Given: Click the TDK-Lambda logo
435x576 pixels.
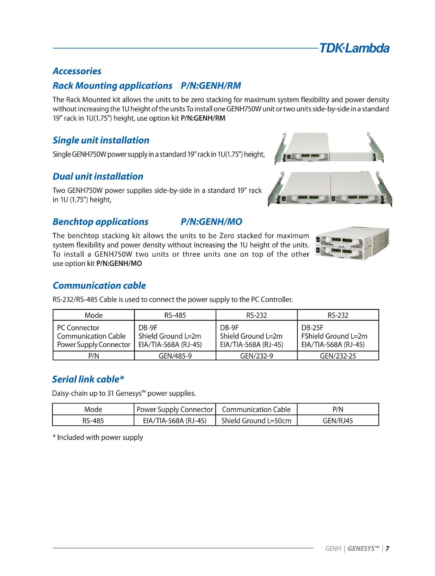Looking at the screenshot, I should coord(354,48).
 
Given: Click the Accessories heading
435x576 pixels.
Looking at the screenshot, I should coord(77,71).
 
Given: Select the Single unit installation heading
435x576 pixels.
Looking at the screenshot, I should coord(101,140).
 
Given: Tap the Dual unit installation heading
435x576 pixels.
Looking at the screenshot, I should coord(98,176).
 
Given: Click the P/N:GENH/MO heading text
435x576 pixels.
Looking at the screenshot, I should coord(211,222).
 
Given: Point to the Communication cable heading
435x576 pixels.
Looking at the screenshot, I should coord(99,285).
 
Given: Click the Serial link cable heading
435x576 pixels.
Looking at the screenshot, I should coord(88,379).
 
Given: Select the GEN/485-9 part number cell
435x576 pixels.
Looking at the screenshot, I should coord(175,356).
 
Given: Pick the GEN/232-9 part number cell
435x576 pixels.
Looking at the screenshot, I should coord(256,356).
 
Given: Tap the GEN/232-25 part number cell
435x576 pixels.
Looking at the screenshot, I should coord(338,356).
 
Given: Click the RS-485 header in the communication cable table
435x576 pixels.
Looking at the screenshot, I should coord(175,315).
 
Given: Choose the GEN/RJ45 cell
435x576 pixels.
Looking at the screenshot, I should coord(338,421).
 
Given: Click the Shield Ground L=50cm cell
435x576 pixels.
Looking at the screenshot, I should coord(256,421).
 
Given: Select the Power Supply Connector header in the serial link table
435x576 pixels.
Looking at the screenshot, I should coord(175,409).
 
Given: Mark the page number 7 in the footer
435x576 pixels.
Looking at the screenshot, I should coord(387,549).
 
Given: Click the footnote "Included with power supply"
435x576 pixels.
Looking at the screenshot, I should coord(98,437).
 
